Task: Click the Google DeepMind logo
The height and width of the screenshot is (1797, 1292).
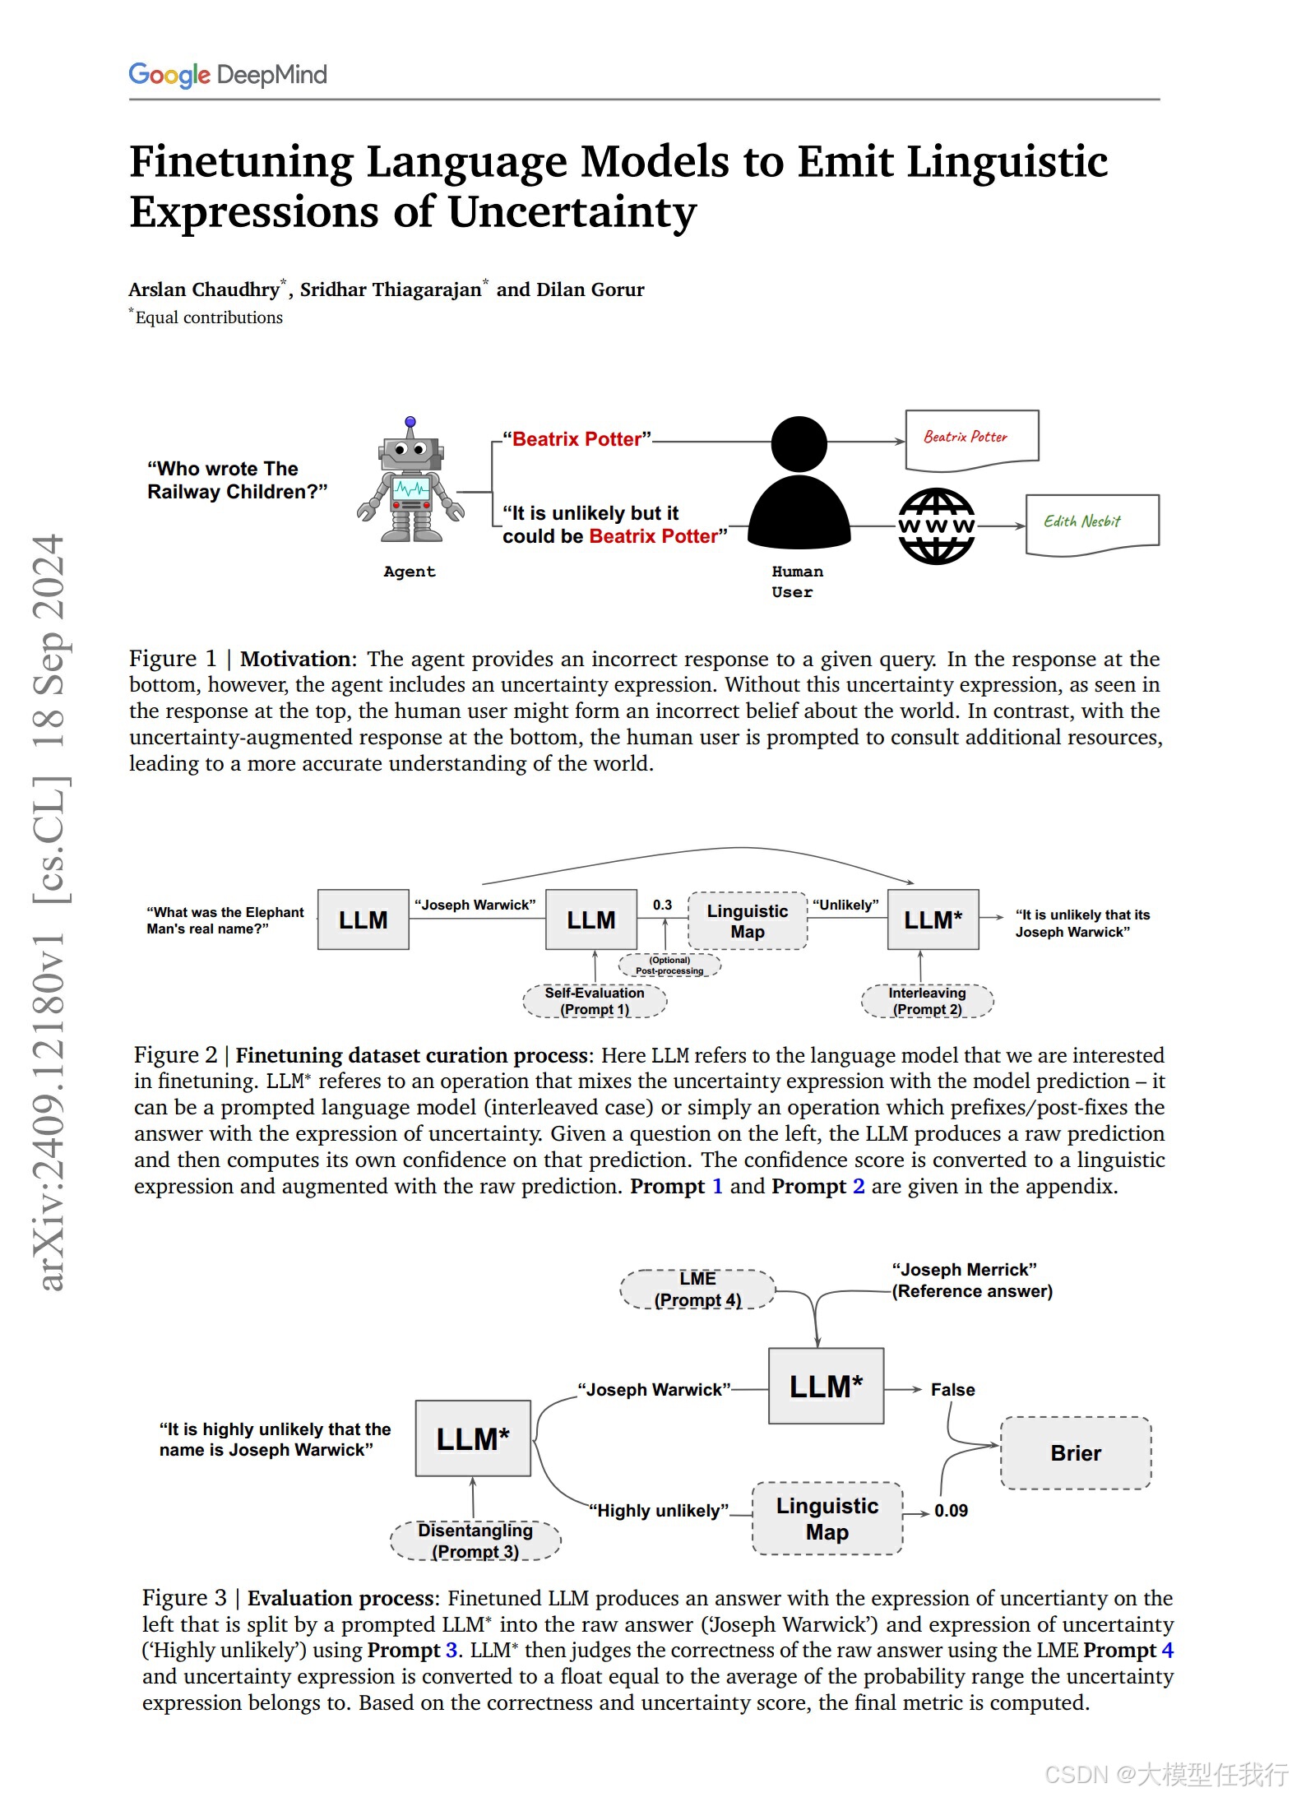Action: coord(228,75)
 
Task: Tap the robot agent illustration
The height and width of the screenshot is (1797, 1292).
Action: coord(410,481)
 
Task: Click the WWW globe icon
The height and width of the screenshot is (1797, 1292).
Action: coord(936,526)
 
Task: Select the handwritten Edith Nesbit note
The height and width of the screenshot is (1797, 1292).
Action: coord(1092,523)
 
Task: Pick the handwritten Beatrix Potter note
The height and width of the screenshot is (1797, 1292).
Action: coord(971,438)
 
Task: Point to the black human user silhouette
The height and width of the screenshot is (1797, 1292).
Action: coord(799,485)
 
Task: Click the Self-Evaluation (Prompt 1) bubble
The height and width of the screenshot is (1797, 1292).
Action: coord(595,1001)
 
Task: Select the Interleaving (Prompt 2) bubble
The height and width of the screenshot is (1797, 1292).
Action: coord(927,1001)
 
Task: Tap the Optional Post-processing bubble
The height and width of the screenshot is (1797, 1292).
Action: coord(669,965)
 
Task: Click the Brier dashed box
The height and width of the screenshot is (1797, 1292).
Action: coord(1076,1453)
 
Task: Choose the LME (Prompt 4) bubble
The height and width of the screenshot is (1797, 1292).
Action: coord(697,1289)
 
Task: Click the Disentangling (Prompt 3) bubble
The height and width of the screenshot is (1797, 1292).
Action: coord(475,1540)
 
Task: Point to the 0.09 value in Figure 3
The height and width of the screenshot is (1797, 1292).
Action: coord(951,1511)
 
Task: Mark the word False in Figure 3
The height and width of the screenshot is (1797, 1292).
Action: coord(952,1390)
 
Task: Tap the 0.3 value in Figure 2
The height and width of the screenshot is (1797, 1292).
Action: coord(662,905)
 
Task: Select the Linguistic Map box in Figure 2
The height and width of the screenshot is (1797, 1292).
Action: coord(748,921)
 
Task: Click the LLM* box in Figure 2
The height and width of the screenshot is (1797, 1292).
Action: coord(933,920)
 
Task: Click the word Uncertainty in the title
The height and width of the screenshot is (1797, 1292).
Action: coord(572,212)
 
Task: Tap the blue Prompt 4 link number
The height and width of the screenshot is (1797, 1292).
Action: coord(1167,1650)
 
